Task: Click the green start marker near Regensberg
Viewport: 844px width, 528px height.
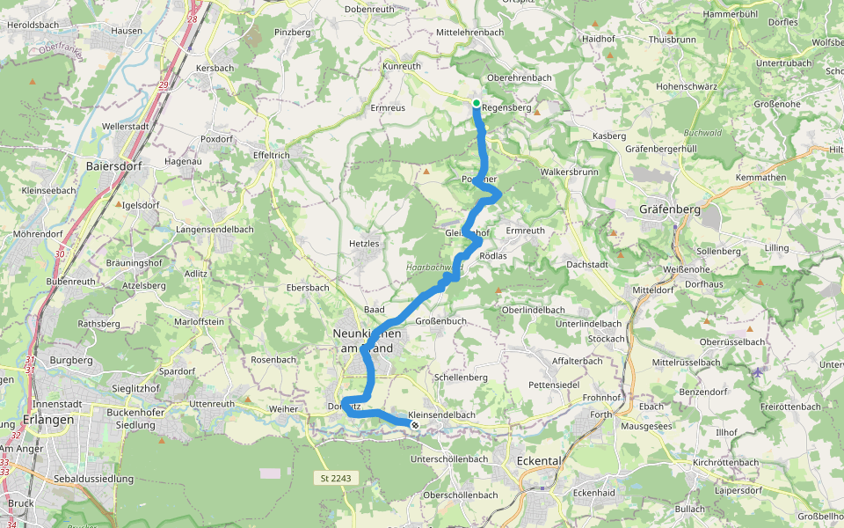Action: click(477, 104)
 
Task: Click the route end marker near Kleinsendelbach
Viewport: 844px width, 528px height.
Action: click(415, 425)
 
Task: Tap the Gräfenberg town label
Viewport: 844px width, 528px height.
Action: click(670, 209)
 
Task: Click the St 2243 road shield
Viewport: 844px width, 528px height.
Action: click(336, 478)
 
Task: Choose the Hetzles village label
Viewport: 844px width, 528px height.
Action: click(364, 243)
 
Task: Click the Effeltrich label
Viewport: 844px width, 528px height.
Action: click(272, 154)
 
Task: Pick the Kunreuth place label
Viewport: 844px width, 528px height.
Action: click(402, 66)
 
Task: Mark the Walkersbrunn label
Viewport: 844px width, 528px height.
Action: click(570, 172)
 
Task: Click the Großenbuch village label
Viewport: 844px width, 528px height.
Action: click(440, 321)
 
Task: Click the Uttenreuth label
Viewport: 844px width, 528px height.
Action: click(212, 403)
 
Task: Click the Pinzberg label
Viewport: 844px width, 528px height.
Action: click(293, 33)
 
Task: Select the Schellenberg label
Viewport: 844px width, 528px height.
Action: click(461, 377)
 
